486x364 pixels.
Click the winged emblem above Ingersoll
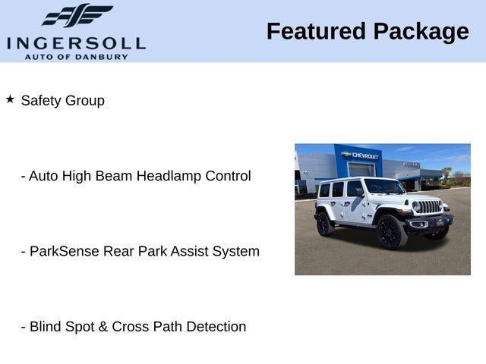pyautogui.click(x=77, y=15)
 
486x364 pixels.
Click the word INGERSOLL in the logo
pyautogui.click(x=76, y=44)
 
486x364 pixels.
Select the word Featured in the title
pyautogui.click(x=316, y=31)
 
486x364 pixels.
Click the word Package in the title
pyautogui.click(x=421, y=32)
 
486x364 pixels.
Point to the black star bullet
pyautogui.click(x=10, y=99)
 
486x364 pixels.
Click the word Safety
pyautogui.click(x=41, y=101)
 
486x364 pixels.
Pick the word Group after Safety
pyautogui.click(x=85, y=101)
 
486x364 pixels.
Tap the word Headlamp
pyautogui.click(x=169, y=176)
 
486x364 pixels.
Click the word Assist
pyautogui.click(x=189, y=251)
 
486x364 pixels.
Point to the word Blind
pyautogui.click(x=46, y=327)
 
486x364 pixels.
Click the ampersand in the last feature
pyautogui.click(x=103, y=327)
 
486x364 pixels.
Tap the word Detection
pyautogui.click(x=216, y=327)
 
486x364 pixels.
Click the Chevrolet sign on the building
pyautogui.click(x=359, y=155)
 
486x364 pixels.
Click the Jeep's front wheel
pyautogui.click(x=391, y=231)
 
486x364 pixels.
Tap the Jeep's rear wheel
pyautogui.click(x=324, y=224)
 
